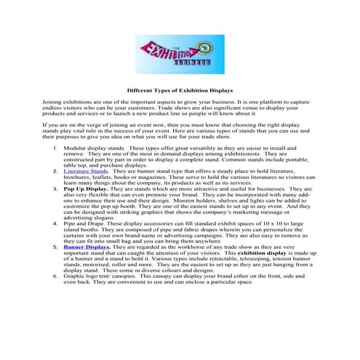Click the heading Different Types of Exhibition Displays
point(180,92)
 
